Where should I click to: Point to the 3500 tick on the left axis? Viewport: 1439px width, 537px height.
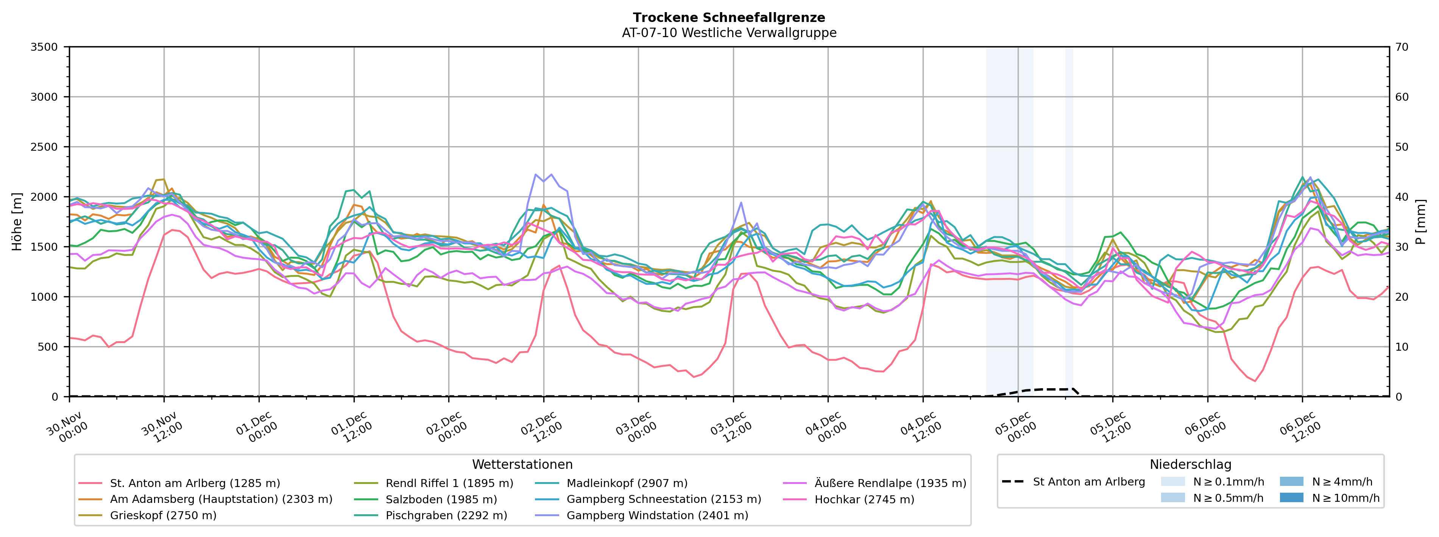coord(44,47)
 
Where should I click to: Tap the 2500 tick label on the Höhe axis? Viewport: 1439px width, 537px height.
coord(44,147)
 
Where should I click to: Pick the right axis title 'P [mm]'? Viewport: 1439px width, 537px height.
coord(1420,222)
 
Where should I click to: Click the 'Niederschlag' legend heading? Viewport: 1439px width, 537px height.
coord(1190,464)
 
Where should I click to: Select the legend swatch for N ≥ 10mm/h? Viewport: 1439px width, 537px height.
coord(1291,497)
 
